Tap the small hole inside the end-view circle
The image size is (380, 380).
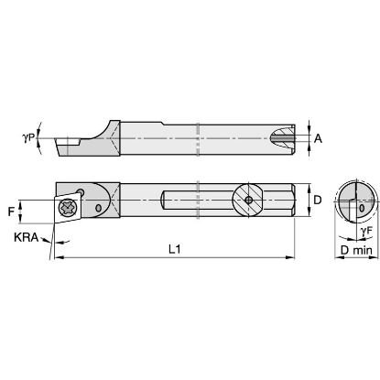point(361,208)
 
